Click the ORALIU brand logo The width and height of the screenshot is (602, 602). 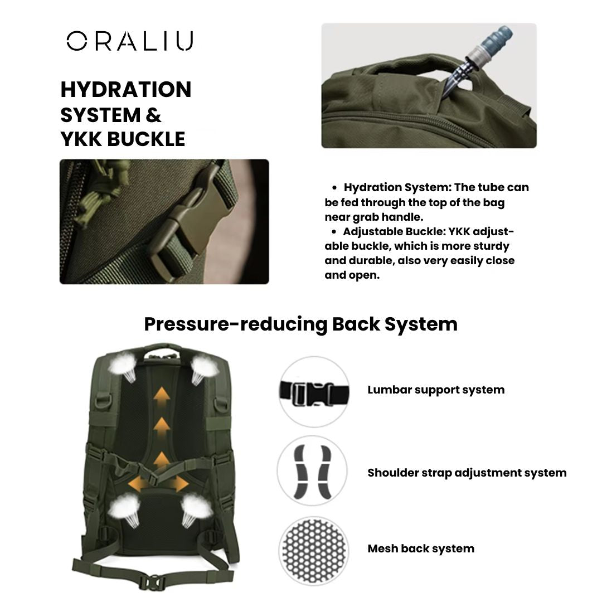click(x=129, y=41)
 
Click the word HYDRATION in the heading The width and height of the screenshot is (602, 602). click(x=126, y=90)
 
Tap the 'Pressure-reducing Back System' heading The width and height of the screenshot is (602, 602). click(x=300, y=324)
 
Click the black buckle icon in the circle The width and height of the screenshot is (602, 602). click(x=313, y=393)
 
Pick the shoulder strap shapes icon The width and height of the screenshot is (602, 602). click(x=313, y=472)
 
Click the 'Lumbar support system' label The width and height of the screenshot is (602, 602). click(x=436, y=390)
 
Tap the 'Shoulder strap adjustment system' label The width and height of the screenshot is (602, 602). click(x=467, y=473)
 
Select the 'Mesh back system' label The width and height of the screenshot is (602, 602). click(x=421, y=548)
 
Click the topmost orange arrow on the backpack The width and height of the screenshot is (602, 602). click(x=162, y=396)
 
